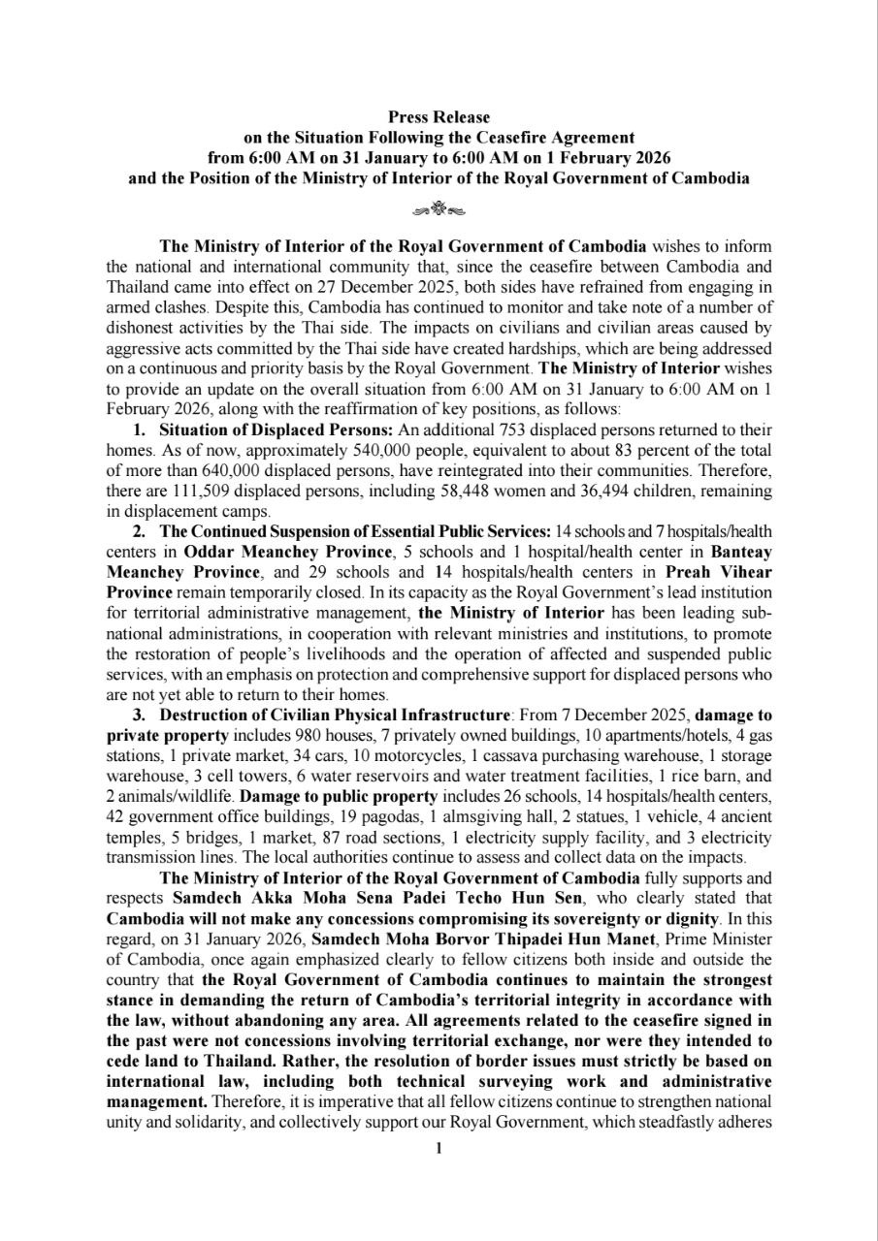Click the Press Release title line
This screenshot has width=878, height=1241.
click(x=439, y=117)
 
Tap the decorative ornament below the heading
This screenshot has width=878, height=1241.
click(x=439, y=207)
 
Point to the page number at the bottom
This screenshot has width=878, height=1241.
click(x=439, y=1149)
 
